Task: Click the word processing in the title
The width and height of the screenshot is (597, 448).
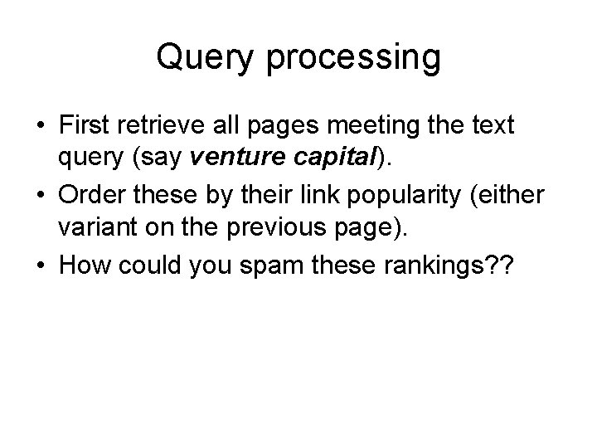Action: [x=349, y=59]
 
